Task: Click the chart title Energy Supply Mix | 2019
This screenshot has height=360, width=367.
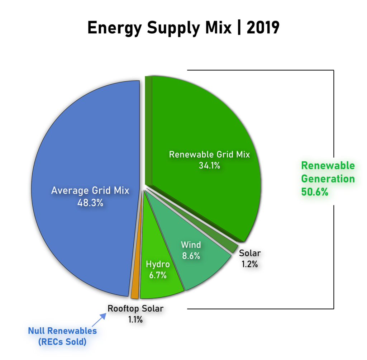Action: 183,28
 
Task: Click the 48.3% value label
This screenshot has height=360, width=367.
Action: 90,203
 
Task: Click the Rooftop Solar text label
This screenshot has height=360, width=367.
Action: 135,308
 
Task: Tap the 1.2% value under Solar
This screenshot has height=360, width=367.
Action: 250,264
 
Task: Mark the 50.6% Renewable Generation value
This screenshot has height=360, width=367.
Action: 314,192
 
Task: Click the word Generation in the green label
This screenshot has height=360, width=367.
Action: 328,179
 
